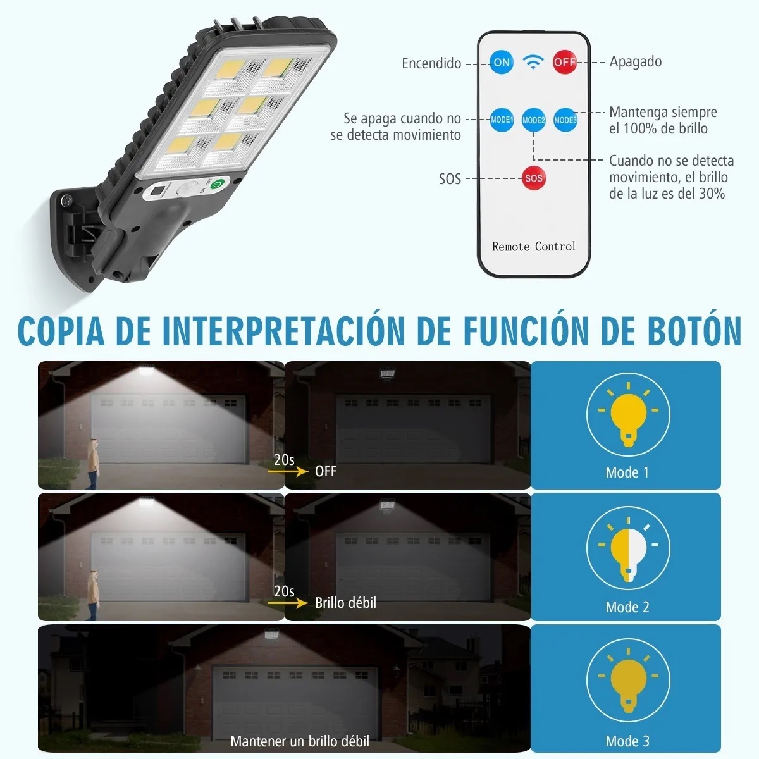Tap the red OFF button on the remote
pos(565,62)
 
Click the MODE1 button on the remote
pos(502,120)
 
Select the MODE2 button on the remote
pos(533,120)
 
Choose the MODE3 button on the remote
pos(565,120)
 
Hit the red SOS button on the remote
pos(533,178)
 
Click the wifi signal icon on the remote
pos(533,62)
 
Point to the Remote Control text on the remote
pos(534,247)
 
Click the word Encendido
pos(431,63)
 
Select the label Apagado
pos(635,62)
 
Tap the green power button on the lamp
pos(216,184)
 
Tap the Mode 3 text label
pos(627,741)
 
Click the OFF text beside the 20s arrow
pos(326,471)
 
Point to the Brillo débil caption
pos(345,603)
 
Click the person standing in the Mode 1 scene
pos(94,464)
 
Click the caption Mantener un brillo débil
pos(300,741)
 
